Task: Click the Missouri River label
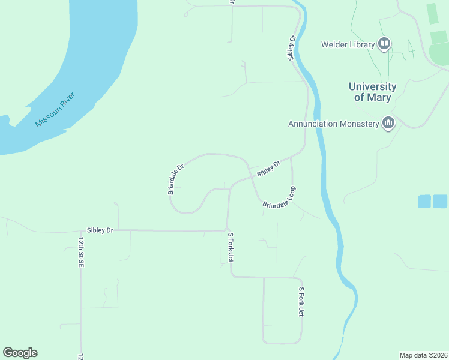(x=63, y=109)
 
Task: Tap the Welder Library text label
(x=347, y=44)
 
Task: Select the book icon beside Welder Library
(x=384, y=44)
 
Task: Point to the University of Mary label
(x=372, y=92)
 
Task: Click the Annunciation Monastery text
(x=334, y=124)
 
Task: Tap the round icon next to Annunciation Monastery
(x=388, y=124)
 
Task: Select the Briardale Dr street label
(x=175, y=179)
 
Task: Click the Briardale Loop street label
(x=280, y=197)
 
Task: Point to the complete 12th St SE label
(x=80, y=251)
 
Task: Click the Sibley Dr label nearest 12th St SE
(x=100, y=230)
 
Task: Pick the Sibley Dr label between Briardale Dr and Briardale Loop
(x=269, y=169)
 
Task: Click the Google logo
(x=20, y=353)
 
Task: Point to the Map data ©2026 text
(x=423, y=355)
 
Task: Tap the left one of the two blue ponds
(x=424, y=202)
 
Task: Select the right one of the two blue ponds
(x=440, y=202)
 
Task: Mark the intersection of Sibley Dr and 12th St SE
(x=81, y=230)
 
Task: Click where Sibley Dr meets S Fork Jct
(x=228, y=230)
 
